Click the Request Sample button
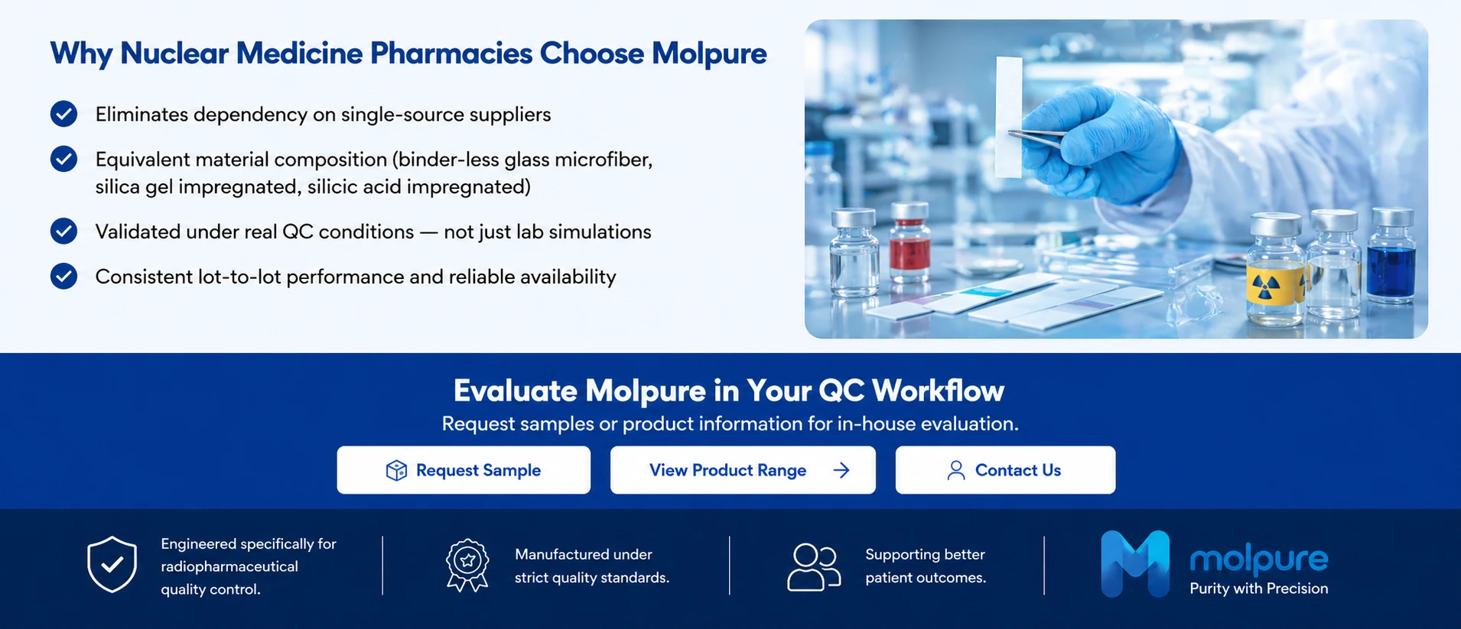(x=464, y=470)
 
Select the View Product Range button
(x=743, y=470)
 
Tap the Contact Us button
(x=1005, y=470)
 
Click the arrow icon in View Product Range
(x=841, y=470)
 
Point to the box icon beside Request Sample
(x=396, y=470)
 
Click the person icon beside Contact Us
(x=956, y=470)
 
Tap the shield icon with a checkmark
(x=112, y=564)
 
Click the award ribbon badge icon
(x=467, y=566)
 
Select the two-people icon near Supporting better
(x=814, y=567)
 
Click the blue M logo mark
(x=1135, y=564)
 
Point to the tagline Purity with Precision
(x=1259, y=588)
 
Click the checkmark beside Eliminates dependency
(x=63, y=114)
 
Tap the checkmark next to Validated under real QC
(x=63, y=231)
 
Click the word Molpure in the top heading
(x=709, y=53)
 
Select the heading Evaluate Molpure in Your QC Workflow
(x=729, y=391)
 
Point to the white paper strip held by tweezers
(x=1009, y=117)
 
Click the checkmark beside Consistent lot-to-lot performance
(x=63, y=276)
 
